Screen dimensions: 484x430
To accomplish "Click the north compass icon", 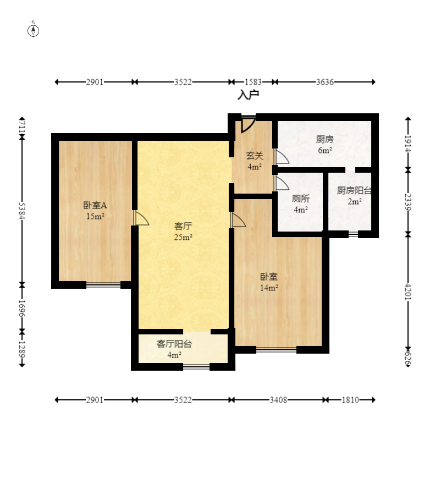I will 34,30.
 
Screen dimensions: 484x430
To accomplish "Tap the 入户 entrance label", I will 248,95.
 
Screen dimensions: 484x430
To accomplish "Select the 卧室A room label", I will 95,205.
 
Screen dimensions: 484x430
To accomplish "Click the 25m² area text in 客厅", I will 183,238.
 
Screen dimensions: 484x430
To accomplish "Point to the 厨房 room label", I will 324,139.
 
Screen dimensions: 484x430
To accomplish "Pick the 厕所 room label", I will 301,199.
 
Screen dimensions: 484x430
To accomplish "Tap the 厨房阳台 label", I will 354,191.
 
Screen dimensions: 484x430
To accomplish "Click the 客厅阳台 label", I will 174,344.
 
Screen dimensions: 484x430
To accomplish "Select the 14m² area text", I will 269,288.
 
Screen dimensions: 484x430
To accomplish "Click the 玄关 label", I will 254,156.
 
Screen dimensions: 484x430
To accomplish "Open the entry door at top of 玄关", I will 248,123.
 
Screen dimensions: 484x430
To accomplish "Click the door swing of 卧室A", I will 141,218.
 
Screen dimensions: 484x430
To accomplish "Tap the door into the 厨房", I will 282,157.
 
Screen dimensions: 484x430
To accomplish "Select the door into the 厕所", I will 282,183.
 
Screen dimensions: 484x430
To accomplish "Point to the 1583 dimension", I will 253,82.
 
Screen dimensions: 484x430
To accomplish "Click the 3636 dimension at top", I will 325,82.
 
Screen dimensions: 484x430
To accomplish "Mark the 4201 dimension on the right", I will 407,290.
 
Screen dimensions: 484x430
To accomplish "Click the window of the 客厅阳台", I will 196,367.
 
